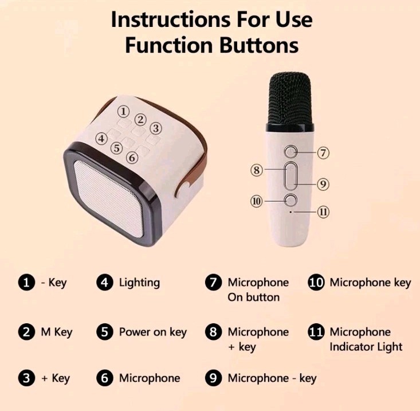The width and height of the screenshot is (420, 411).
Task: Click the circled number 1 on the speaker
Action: coord(123,111)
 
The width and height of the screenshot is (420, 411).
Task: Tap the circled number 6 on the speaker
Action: coord(132,157)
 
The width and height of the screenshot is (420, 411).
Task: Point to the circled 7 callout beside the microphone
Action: coord(323,152)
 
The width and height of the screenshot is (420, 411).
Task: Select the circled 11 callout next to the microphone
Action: coord(323,212)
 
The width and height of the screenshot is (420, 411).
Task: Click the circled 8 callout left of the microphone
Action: coord(257,170)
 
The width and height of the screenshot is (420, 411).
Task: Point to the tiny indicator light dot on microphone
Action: coord(292,212)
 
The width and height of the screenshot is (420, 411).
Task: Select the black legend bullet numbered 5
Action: coord(104,332)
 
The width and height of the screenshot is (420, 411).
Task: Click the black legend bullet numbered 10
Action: coord(316,283)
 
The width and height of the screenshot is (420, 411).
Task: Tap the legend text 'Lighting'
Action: coord(139,283)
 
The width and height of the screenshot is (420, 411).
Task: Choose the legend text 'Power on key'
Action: coord(152,332)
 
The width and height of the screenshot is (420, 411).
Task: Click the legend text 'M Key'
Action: coord(57,332)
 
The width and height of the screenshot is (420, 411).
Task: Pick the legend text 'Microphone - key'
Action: coord(272,378)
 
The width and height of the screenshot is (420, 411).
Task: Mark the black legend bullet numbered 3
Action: coord(26,378)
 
